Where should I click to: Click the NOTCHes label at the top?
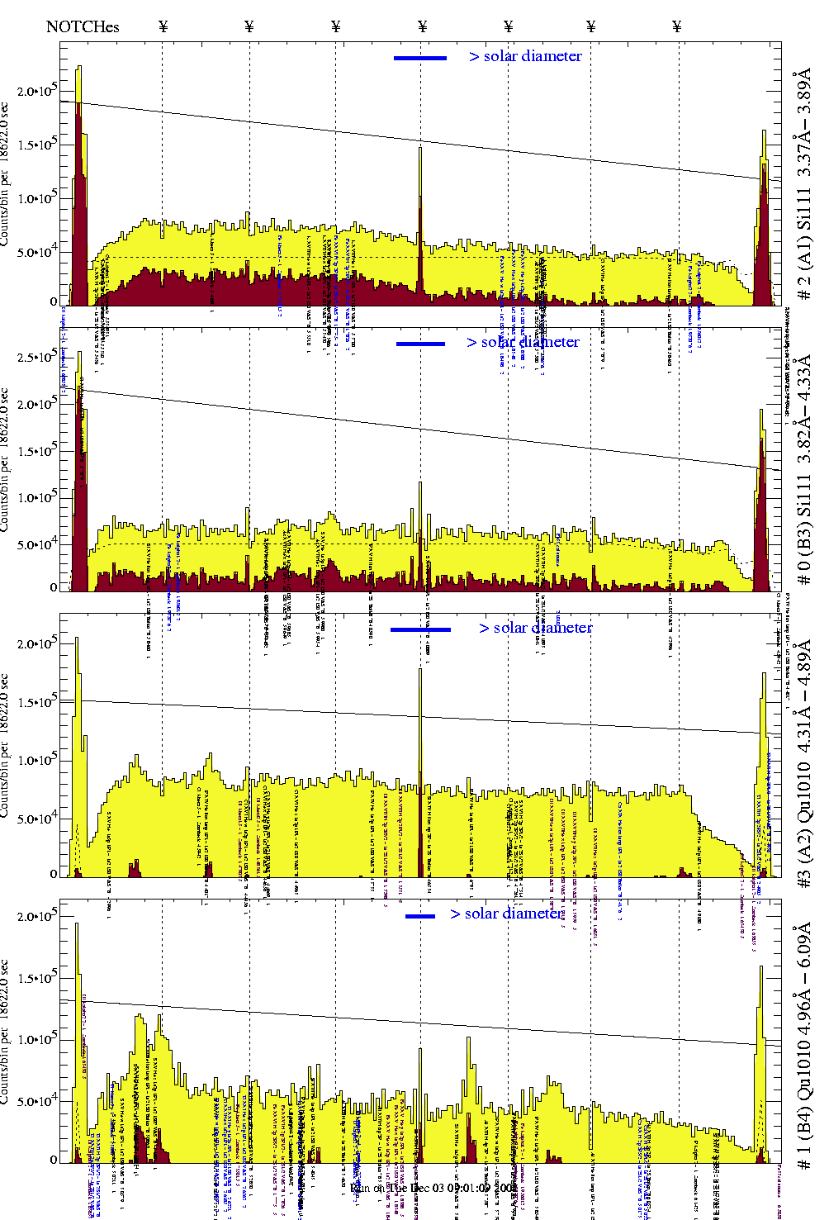tap(83, 26)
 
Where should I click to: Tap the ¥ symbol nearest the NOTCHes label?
tap(163, 26)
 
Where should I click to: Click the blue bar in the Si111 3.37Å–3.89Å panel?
tap(420, 58)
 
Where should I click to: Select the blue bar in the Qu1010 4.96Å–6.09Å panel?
tap(420, 916)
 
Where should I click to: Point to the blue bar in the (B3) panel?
tap(420, 344)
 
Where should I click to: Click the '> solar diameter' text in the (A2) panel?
tap(535, 628)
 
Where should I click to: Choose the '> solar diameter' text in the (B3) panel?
tap(523, 342)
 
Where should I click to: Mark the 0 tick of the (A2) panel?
tap(54, 874)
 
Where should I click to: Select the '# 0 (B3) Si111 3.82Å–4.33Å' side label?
tap(803, 469)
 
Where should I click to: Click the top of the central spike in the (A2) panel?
tap(420, 669)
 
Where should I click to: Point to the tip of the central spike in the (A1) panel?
tap(420, 148)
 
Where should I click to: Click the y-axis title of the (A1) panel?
tap(6, 175)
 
